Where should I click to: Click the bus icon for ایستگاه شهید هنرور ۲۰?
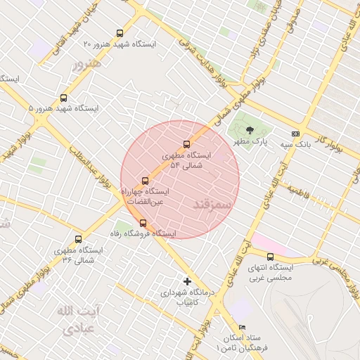pyautogui.click(x=120, y=33)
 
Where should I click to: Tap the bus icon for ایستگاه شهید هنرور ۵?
pyautogui.click(x=64, y=98)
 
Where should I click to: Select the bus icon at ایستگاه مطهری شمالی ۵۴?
pyautogui.click(x=186, y=145)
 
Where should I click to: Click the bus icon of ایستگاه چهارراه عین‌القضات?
pyautogui.click(x=146, y=181)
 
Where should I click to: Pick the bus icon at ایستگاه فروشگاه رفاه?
pyautogui.click(x=143, y=223)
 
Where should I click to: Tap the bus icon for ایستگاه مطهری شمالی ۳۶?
pyautogui.click(x=78, y=239)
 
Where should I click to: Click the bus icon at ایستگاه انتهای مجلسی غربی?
pyautogui.click(x=271, y=257)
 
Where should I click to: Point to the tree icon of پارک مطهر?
pyautogui.click(x=249, y=129)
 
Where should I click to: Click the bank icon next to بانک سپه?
pyautogui.click(x=295, y=134)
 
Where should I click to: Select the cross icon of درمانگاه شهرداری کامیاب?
pyautogui.click(x=187, y=281)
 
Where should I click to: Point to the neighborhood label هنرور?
pyautogui.click(x=87, y=63)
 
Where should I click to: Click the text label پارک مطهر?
pyautogui.click(x=252, y=141)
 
